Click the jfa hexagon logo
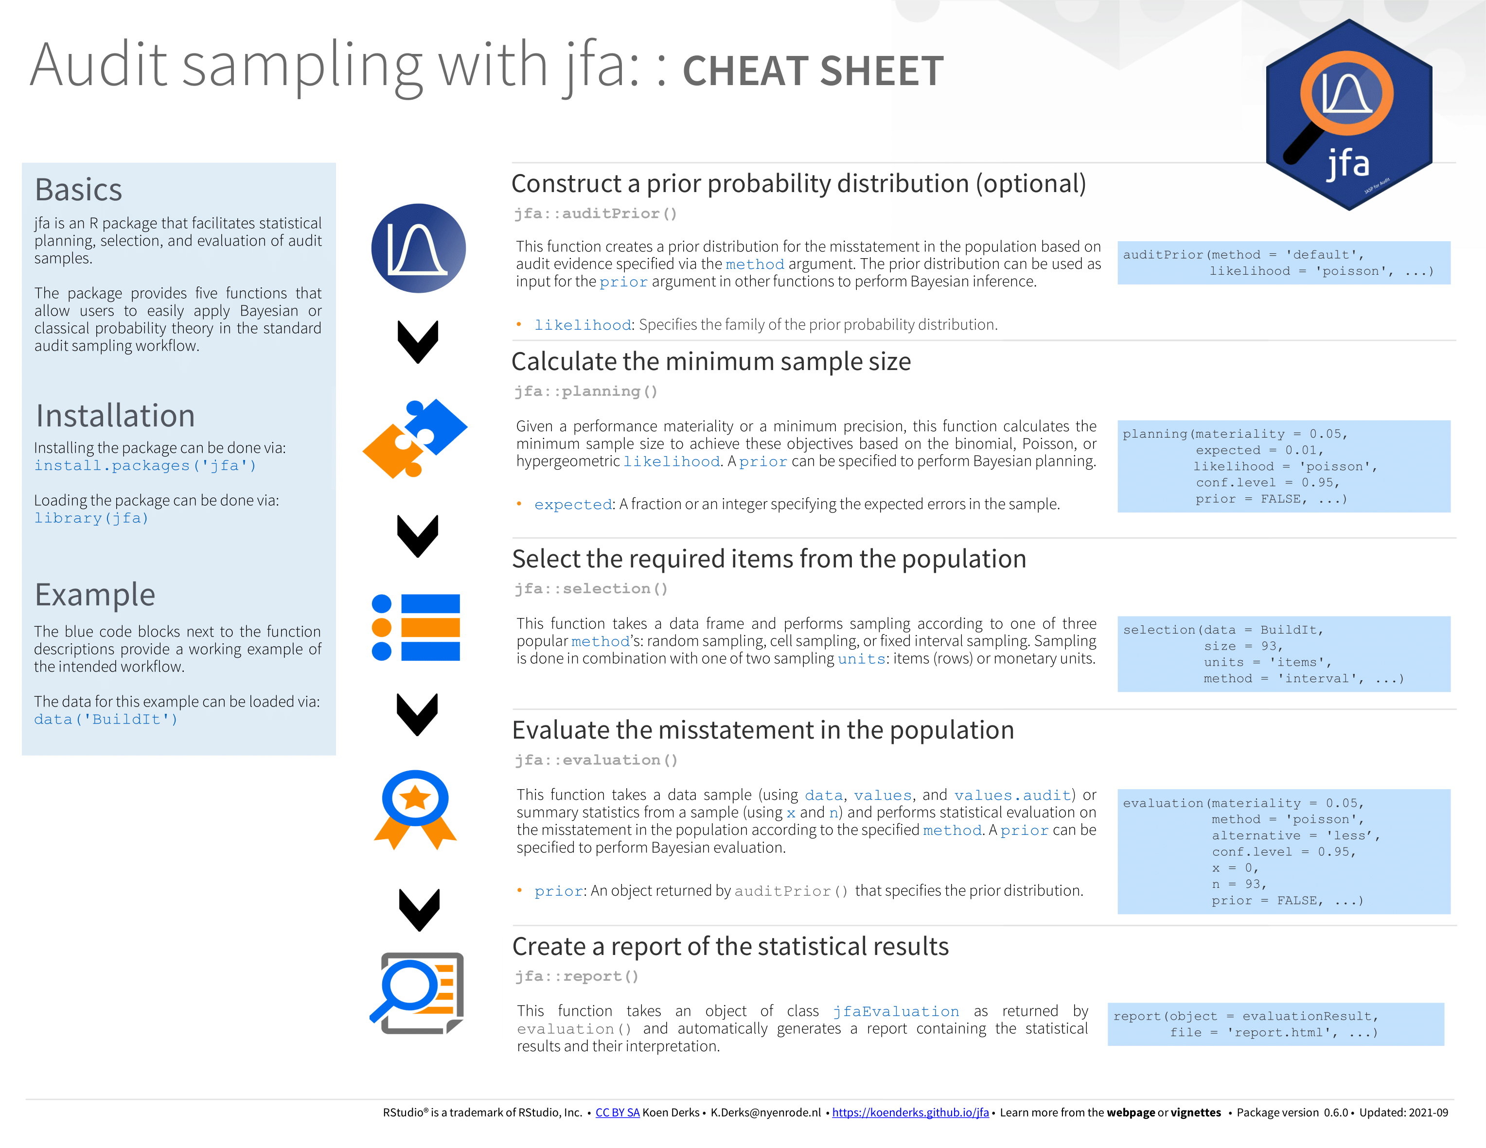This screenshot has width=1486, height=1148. click(x=1348, y=114)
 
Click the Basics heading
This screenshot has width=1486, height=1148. click(x=78, y=189)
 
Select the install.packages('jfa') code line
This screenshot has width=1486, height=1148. click(x=145, y=465)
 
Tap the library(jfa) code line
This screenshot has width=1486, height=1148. click(x=91, y=518)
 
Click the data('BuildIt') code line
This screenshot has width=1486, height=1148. click(x=106, y=719)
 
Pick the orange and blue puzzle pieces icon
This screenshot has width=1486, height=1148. click(x=415, y=439)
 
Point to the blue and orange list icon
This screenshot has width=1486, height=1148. click(x=416, y=627)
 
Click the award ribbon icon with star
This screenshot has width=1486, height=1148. click(x=415, y=810)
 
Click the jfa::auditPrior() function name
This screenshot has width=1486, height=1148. click(x=595, y=213)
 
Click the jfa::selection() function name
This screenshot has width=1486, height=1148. click(x=591, y=589)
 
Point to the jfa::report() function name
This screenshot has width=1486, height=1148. click(x=576, y=976)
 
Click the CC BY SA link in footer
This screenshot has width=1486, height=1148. click(x=617, y=1113)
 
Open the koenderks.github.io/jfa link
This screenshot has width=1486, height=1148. click(x=910, y=1113)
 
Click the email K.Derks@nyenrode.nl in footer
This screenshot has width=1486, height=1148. click(x=766, y=1113)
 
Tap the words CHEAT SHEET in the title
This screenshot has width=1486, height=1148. click(x=813, y=71)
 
